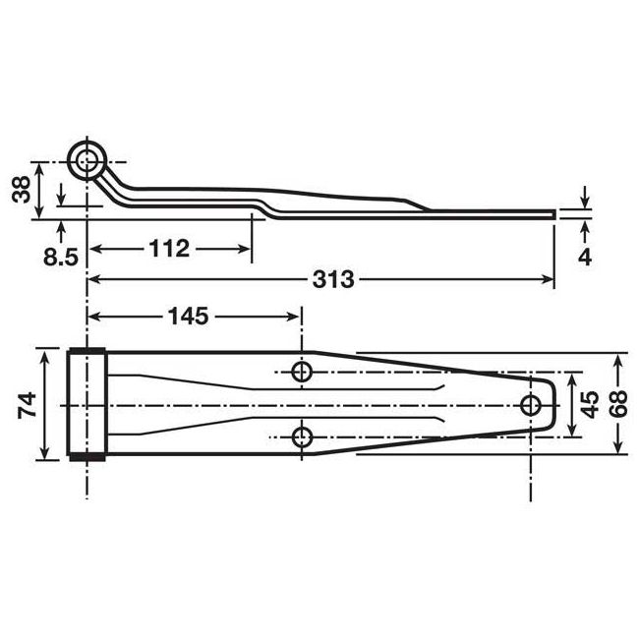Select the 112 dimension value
click(x=169, y=249)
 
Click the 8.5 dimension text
click(x=62, y=258)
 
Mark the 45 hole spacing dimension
click(x=589, y=404)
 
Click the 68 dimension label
click(x=618, y=404)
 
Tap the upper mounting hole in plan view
click(x=303, y=371)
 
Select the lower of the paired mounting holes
click(x=303, y=436)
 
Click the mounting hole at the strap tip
click(x=532, y=404)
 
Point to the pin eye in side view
click(x=89, y=158)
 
